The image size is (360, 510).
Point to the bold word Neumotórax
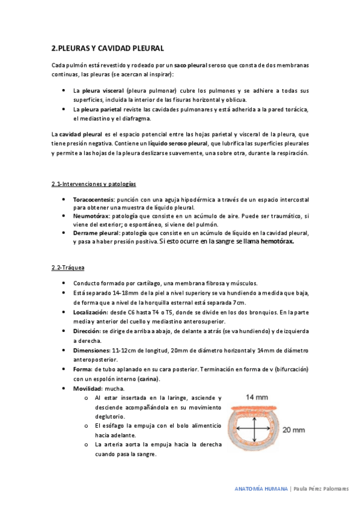point(91,216)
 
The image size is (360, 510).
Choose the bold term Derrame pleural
point(96,233)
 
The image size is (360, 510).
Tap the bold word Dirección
point(87,331)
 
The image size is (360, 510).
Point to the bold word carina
point(148,379)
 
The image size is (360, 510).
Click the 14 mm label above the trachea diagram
point(256,397)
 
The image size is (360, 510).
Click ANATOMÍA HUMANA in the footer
point(260,489)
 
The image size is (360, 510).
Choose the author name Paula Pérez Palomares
point(320,489)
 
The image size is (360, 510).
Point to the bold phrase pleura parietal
point(97,109)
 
